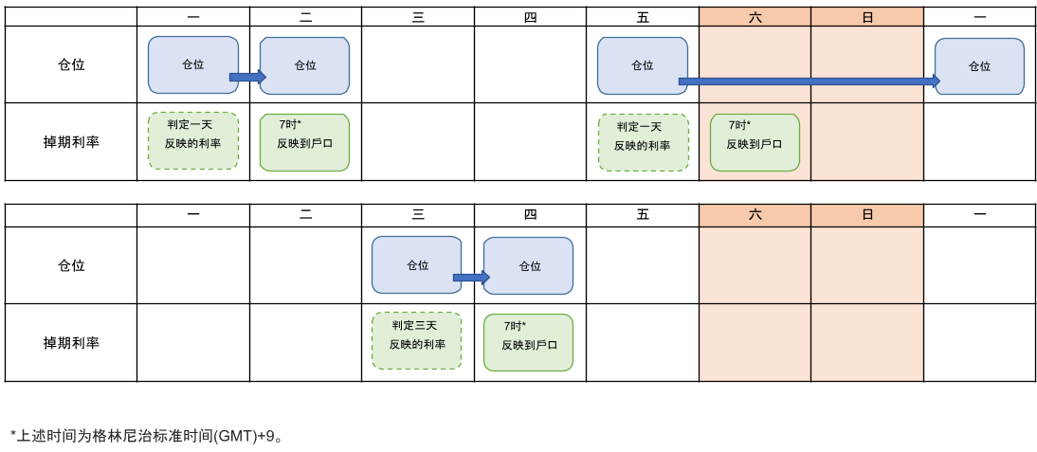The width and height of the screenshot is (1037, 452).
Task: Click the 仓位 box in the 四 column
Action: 528,266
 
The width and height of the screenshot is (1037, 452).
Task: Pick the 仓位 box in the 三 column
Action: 416,264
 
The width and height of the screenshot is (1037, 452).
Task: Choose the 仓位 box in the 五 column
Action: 642,65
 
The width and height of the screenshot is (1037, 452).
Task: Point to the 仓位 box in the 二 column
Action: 304,65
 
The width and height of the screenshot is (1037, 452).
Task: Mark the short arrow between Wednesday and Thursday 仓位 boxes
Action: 471,278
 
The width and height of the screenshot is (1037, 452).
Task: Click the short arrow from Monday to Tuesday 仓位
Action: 247,77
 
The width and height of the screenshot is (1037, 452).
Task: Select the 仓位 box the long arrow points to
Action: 979,66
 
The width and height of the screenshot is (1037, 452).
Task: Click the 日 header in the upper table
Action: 867,17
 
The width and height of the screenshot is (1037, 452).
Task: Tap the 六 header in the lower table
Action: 755,215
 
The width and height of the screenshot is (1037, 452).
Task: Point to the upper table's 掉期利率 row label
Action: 71,142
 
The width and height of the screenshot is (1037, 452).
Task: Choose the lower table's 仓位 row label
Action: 71,265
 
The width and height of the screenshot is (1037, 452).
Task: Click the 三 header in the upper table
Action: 418,17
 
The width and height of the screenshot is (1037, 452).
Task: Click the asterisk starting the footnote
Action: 13,434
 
